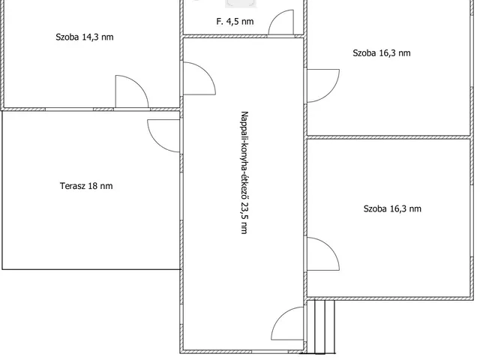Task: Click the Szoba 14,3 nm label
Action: [85, 37]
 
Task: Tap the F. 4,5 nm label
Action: [235, 22]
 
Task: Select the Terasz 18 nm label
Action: [86, 186]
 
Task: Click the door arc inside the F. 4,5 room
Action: [277, 16]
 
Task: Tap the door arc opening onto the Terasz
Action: [156, 141]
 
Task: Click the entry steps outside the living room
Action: [321, 327]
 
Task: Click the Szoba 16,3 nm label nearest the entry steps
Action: [392, 209]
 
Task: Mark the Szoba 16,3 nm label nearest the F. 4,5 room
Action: [382, 53]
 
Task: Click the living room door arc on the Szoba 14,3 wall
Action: [205, 73]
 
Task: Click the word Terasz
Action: [73, 186]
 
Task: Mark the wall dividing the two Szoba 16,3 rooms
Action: [388, 137]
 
